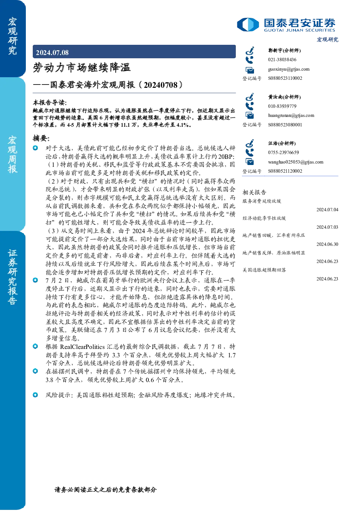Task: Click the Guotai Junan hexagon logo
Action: click(x=248, y=24)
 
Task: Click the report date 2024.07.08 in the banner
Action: click(x=52, y=53)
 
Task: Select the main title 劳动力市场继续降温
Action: click(x=82, y=68)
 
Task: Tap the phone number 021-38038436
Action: click(x=282, y=59)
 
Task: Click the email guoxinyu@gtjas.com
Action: click(x=289, y=69)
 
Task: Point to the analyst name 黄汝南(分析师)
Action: click(x=285, y=97)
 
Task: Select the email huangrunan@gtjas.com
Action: click(x=291, y=115)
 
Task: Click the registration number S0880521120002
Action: click(x=285, y=171)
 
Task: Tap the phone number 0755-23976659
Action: click(x=283, y=152)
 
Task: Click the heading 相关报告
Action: click(x=254, y=192)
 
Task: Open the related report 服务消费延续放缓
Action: click(x=262, y=201)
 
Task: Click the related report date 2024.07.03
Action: click(x=327, y=227)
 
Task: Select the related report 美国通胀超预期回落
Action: click(x=264, y=270)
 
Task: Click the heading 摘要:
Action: click(x=41, y=138)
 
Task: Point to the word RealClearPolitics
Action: click(x=82, y=347)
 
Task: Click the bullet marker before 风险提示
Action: click(x=35, y=395)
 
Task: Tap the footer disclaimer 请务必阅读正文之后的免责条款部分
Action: click(x=106, y=490)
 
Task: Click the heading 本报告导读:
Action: click(x=50, y=102)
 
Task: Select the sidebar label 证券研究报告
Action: click(x=12, y=277)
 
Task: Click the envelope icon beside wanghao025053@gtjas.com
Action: click(x=250, y=162)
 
